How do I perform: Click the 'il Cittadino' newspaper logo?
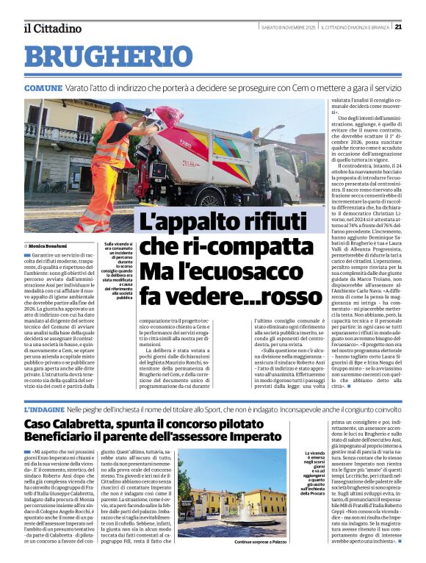[x=52, y=28]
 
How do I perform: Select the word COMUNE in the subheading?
[x=43, y=88]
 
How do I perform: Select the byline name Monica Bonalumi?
[x=50, y=245]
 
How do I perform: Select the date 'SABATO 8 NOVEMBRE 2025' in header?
[x=287, y=27]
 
